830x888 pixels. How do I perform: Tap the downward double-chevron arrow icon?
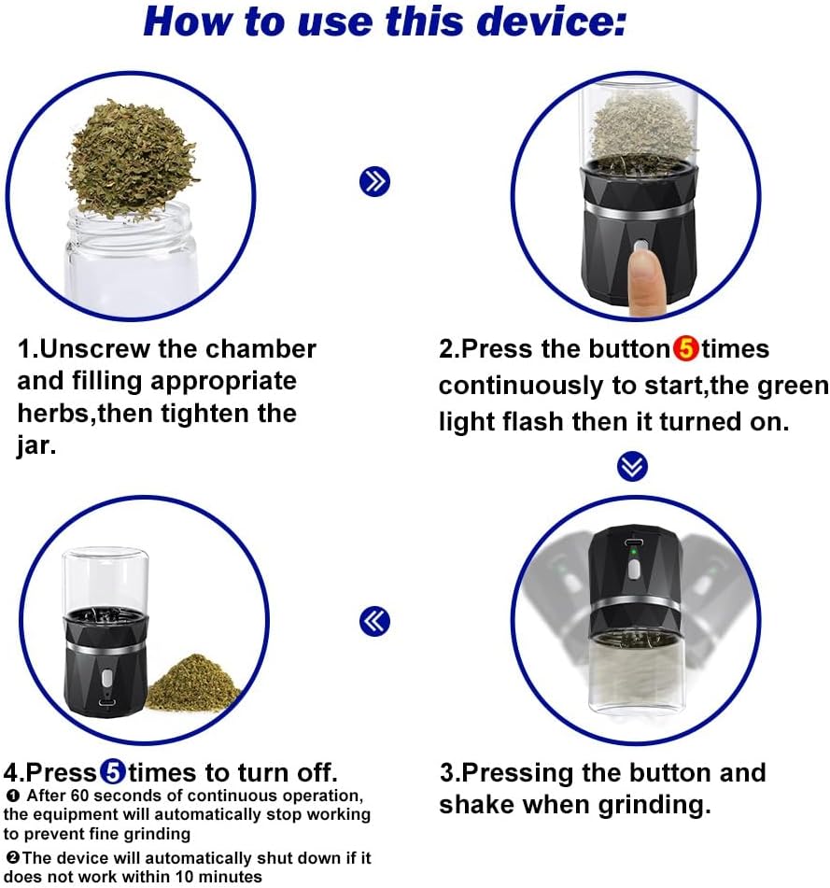pyautogui.click(x=633, y=466)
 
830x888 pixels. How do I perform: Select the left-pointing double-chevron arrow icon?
pyautogui.click(x=374, y=621)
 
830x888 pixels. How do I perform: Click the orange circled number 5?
pyautogui.click(x=685, y=349)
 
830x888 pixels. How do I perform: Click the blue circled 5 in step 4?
pyautogui.click(x=112, y=773)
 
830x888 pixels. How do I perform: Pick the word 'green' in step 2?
pyautogui.click(x=793, y=386)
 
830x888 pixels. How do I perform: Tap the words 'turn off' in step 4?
pyautogui.click(x=285, y=773)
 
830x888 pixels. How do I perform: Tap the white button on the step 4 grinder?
pyautogui.click(x=106, y=681)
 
